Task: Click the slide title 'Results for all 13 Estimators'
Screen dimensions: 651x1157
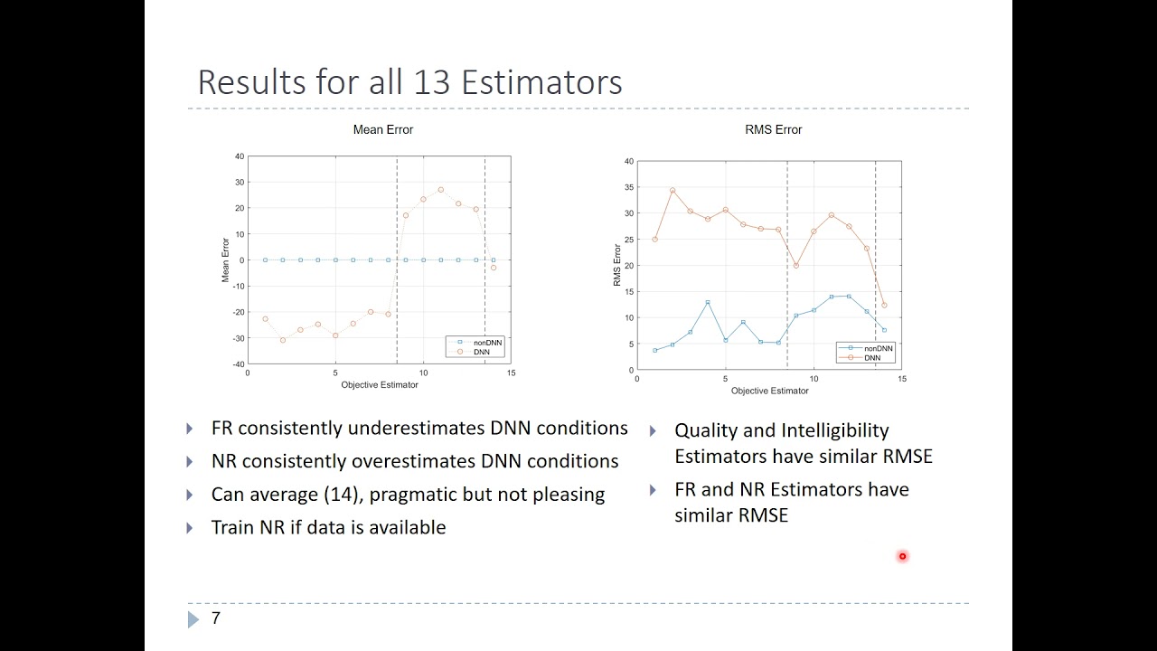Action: [x=409, y=82]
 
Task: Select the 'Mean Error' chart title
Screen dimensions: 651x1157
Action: [x=382, y=130]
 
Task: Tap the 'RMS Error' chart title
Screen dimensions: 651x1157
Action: [x=773, y=130]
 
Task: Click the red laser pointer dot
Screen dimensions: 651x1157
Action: [x=902, y=557]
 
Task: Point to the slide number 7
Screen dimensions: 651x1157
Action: [x=215, y=618]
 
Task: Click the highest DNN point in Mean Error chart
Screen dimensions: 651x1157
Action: [x=440, y=190]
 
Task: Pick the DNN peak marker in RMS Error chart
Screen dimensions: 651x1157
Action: [x=673, y=191]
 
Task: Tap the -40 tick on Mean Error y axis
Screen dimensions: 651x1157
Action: [x=239, y=364]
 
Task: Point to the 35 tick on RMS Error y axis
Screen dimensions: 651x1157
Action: [x=628, y=187]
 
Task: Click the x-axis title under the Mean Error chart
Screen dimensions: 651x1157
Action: [x=379, y=385]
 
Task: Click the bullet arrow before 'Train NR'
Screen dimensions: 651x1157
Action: [x=190, y=528]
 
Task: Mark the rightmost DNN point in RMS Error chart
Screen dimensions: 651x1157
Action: [x=884, y=306]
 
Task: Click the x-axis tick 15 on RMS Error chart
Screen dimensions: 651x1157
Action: [x=901, y=379]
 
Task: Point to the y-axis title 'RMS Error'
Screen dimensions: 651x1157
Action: [x=617, y=265]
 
